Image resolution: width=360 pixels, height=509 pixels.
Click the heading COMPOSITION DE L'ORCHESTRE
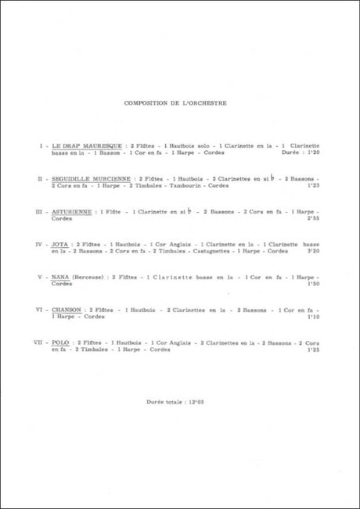click(179, 102)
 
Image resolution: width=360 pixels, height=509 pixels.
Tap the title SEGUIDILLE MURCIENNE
click(92, 179)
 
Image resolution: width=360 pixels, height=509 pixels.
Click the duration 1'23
click(315, 186)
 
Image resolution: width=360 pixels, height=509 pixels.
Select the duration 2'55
click(315, 219)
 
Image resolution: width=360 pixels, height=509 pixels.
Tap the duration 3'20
click(315, 252)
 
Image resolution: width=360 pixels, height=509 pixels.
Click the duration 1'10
click(315, 317)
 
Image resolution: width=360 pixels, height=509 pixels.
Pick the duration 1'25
click(315, 349)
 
